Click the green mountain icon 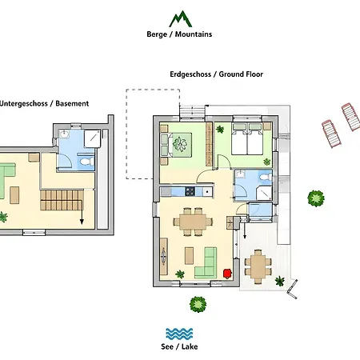[x=181, y=19]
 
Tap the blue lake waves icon [x=179, y=334]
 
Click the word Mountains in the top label [x=194, y=34]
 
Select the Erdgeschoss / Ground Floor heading [x=216, y=74]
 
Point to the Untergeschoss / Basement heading [x=44, y=103]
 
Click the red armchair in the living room [x=227, y=274]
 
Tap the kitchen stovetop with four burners [x=190, y=191]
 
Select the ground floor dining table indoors [x=193, y=222]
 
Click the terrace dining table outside [x=258, y=266]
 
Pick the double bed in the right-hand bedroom [x=247, y=138]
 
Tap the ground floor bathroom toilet [x=266, y=177]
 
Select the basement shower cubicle [x=92, y=138]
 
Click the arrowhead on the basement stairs [x=82, y=222]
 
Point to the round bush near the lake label [x=198, y=304]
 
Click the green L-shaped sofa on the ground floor [x=207, y=264]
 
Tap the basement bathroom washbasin [x=64, y=134]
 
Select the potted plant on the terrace [x=280, y=281]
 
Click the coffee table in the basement [x=14, y=195]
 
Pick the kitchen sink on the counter [x=207, y=191]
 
